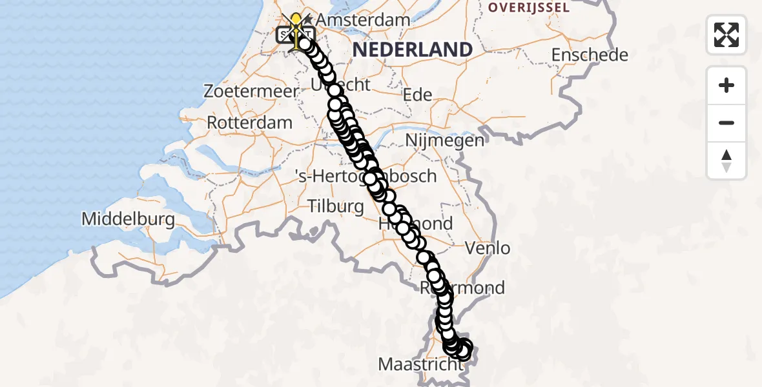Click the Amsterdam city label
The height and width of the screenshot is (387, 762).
click(364, 19)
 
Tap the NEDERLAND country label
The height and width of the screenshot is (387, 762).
click(412, 49)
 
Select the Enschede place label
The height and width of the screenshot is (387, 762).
click(590, 55)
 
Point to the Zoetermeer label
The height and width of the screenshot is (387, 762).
click(251, 91)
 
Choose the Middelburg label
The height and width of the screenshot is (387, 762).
click(128, 219)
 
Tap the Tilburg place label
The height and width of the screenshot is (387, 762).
click(336, 206)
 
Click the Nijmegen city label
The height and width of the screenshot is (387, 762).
click(444, 141)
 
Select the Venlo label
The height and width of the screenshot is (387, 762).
click(488, 248)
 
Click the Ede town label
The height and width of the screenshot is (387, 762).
click(417, 95)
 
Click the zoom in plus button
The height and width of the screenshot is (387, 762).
click(726, 85)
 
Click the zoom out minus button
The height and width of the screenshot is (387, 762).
click(726, 123)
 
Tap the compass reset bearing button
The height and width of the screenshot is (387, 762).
click(726, 160)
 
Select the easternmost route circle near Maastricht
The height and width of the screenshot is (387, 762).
click(465, 349)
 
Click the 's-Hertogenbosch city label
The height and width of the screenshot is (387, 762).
click(365, 175)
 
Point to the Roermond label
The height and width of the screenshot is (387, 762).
click(463, 288)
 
